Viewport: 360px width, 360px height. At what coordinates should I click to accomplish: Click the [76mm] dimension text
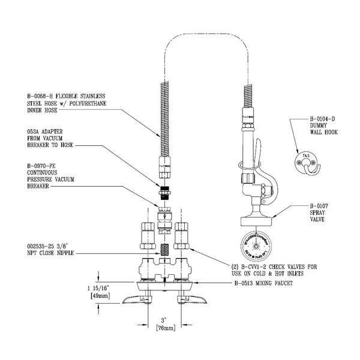click(164, 329)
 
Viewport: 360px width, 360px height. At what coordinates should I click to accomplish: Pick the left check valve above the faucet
click(146, 235)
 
